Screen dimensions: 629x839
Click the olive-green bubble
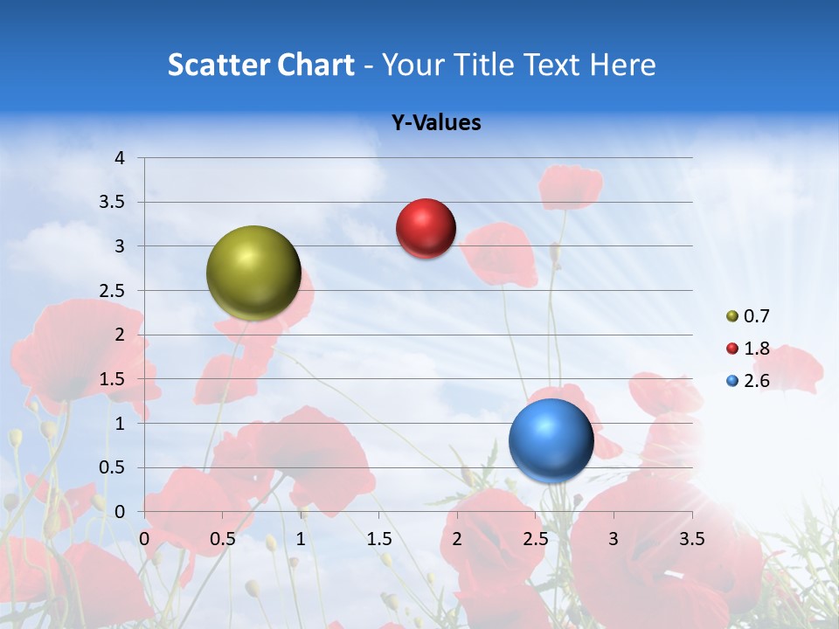point(253,273)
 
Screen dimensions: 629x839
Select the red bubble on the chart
point(426,229)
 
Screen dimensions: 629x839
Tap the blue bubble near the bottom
point(551,440)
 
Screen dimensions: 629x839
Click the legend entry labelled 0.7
point(748,316)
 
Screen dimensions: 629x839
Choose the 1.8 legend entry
point(748,349)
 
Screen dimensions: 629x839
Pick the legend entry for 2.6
point(748,381)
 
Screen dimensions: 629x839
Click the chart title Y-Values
point(436,123)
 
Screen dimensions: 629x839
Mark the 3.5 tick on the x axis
point(691,539)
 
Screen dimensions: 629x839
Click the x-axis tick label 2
point(457,539)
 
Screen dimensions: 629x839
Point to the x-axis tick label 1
point(301,539)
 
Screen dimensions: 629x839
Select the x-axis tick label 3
point(614,539)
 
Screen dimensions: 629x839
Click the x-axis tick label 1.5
point(378,539)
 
